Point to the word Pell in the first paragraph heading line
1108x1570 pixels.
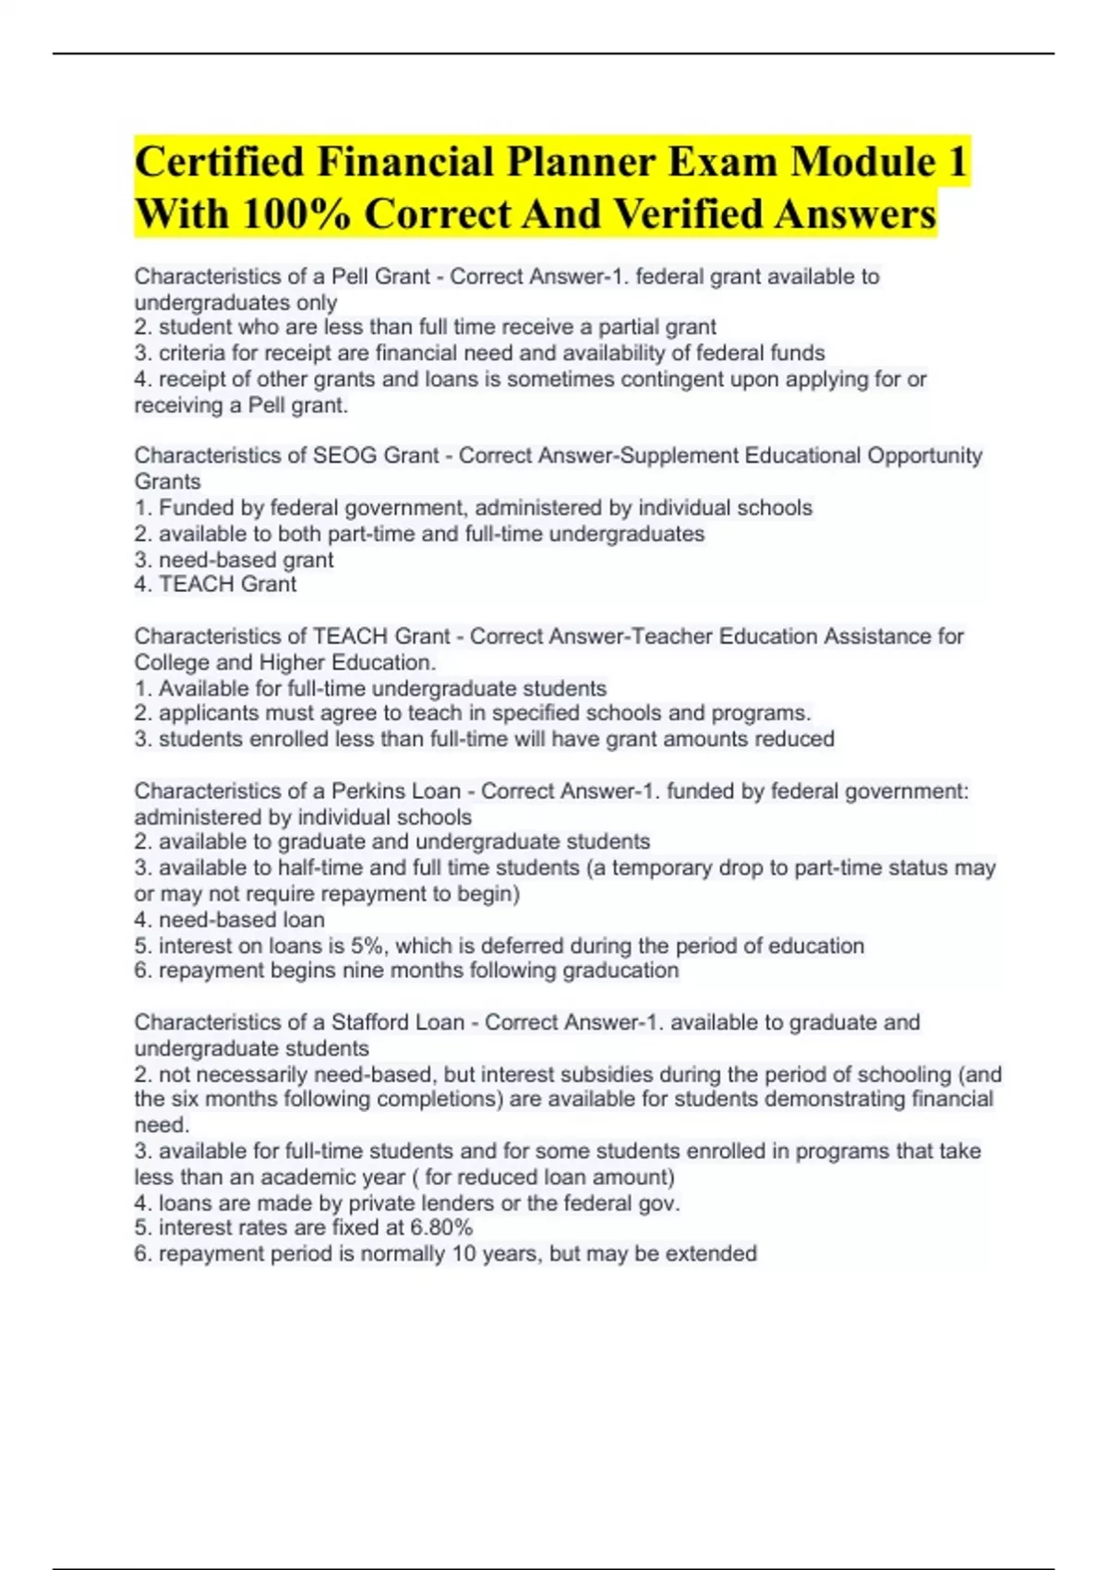[x=351, y=276]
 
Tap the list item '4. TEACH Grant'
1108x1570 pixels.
[x=215, y=584]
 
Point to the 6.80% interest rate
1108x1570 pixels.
[x=438, y=1227]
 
